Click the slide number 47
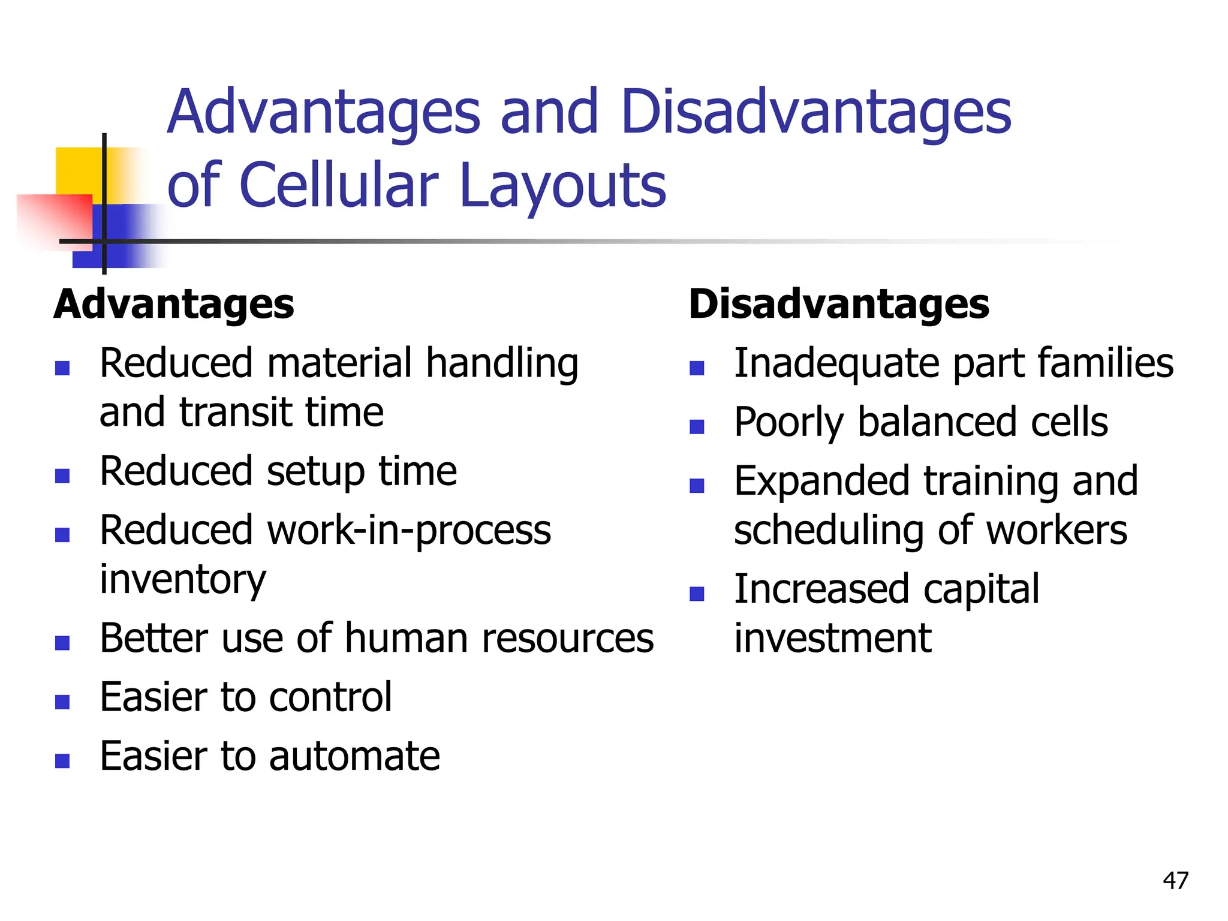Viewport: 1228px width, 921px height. (1175, 881)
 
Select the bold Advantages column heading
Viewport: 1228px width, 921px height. (174, 304)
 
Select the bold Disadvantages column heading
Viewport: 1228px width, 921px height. (838, 304)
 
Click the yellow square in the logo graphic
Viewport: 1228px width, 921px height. (78, 170)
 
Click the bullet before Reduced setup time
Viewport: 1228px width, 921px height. (62, 475)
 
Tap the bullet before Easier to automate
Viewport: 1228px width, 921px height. (62, 760)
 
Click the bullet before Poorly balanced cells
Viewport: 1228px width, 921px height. (697, 426)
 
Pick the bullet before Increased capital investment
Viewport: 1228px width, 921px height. (697, 594)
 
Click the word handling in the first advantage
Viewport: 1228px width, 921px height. (502, 365)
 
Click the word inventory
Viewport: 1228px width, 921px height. (182, 580)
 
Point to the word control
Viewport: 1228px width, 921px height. (330, 697)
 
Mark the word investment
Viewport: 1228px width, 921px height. (833, 638)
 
